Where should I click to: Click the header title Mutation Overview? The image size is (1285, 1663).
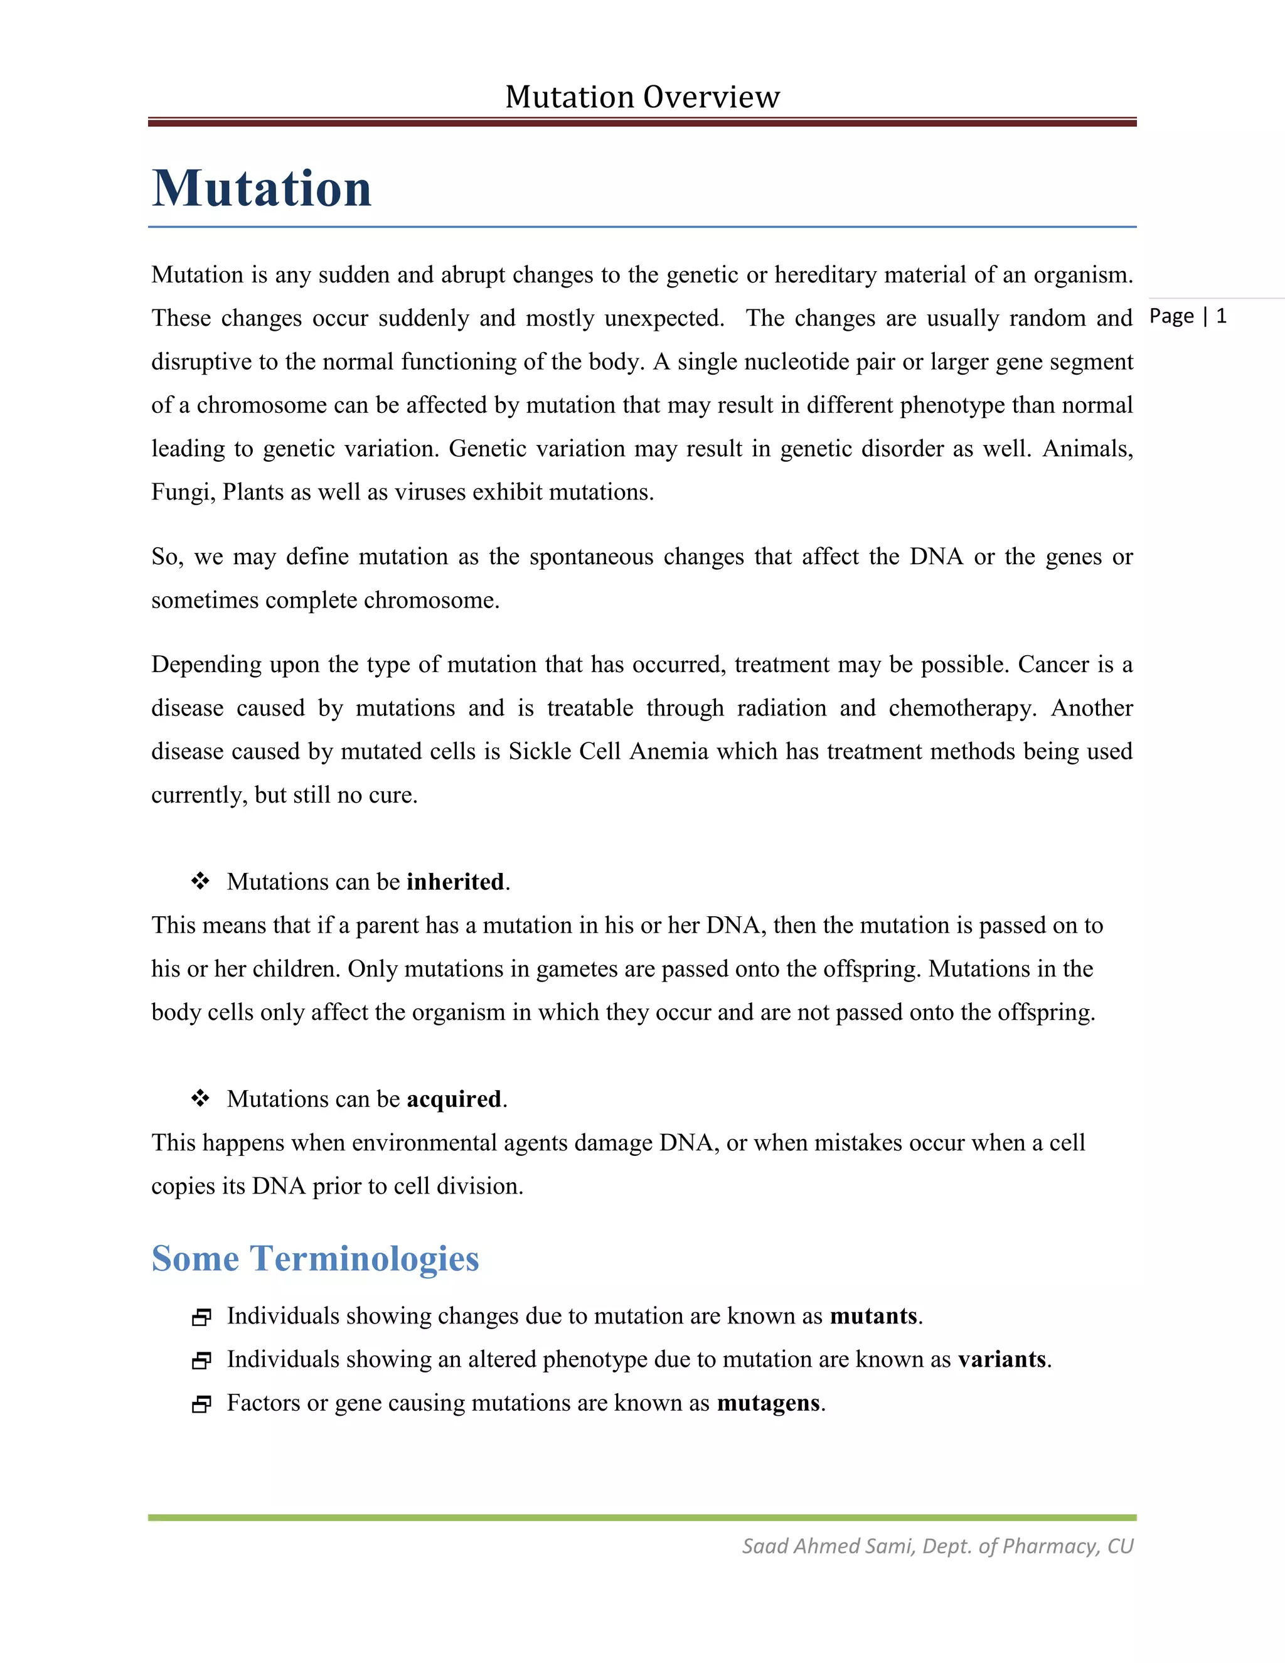click(x=642, y=97)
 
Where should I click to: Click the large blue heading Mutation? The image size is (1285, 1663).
click(x=262, y=188)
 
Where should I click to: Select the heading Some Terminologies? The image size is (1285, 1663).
click(x=315, y=1259)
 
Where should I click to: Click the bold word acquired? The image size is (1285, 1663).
click(x=454, y=1099)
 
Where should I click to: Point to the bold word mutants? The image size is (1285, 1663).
click(x=873, y=1316)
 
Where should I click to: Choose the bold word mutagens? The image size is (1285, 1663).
click(x=768, y=1403)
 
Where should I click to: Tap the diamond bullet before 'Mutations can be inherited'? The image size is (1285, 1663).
click(x=200, y=881)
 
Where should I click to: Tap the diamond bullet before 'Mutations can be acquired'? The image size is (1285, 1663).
click(x=200, y=1098)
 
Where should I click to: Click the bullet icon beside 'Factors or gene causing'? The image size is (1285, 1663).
click(x=201, y=1404)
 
